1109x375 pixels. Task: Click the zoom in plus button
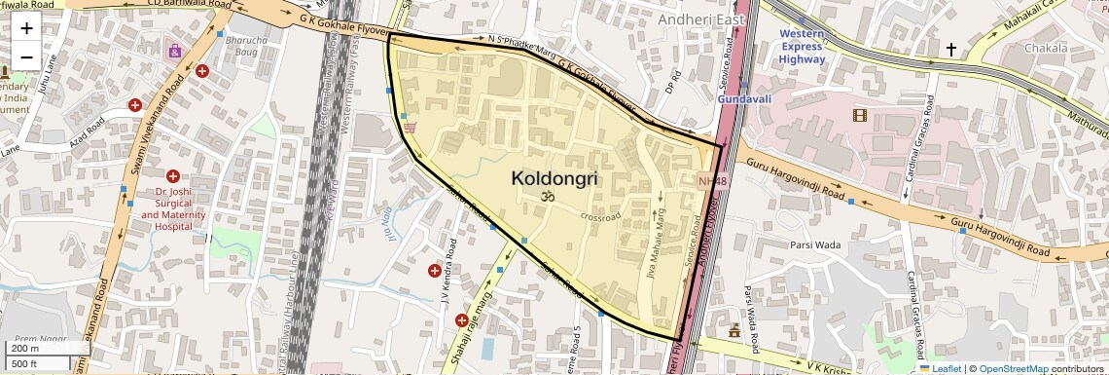26,28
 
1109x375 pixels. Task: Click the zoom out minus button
26,56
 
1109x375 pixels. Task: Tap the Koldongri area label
554,179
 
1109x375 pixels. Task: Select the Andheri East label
700,19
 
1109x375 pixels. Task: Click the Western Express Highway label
802,46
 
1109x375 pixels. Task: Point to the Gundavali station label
744,99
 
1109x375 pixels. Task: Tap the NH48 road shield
712,181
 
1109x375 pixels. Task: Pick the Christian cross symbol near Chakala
950,48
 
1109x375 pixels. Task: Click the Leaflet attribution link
941,368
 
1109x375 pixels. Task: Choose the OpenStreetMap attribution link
1013,368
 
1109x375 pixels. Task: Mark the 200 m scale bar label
24,349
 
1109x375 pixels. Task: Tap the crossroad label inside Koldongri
600,216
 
